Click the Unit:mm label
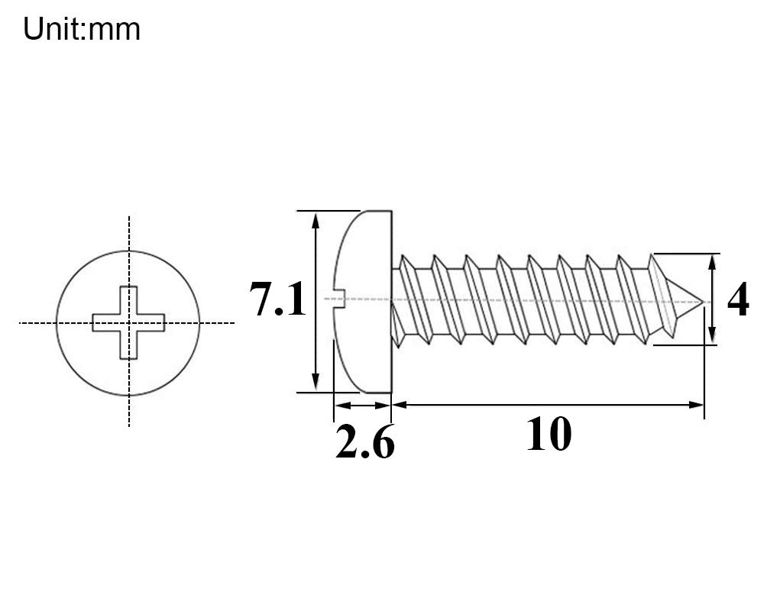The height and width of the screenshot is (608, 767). [x=82, y=29]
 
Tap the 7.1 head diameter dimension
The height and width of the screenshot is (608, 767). [x=277, y=299]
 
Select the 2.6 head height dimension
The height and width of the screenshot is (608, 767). [x=365, y=441]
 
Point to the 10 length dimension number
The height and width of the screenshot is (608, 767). [x=549, y=435]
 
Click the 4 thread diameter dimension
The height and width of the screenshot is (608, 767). [x=738, y=299]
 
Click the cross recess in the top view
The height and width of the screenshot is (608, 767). [x=128, y=323]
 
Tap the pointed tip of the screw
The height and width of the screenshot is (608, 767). [x=702, y=302]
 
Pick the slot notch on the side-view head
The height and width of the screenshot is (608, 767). [x=339, y=299]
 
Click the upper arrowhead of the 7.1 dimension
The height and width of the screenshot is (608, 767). [x=316, y=221]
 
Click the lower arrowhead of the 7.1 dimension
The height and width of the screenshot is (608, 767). [x=316, y=382]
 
